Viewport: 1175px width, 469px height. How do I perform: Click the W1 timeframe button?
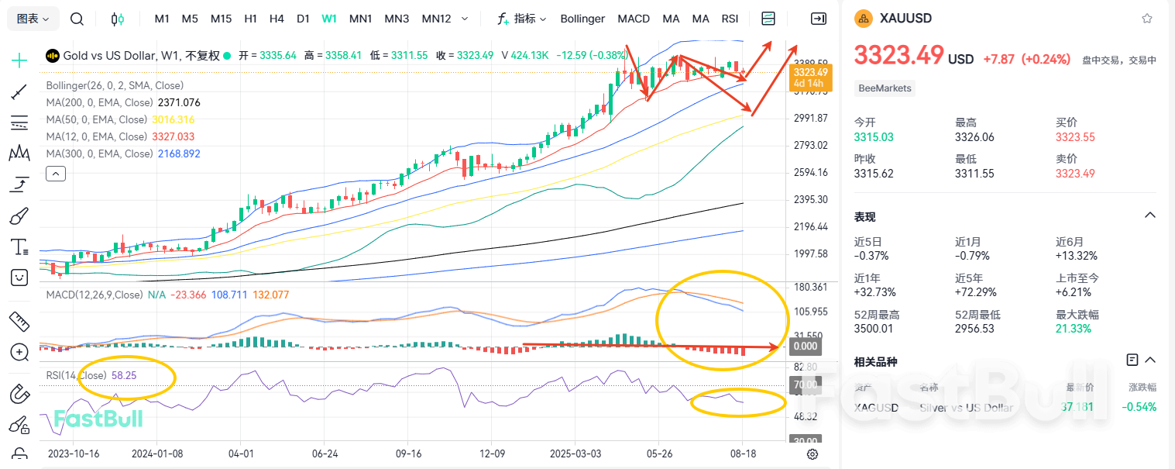[x=329, y=19]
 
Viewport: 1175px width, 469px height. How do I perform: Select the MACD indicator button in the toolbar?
[x=634, y=19]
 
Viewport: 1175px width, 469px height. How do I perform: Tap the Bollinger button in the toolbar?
[x=582, y=19]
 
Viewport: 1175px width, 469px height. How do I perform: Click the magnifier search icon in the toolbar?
[x=77, y=19]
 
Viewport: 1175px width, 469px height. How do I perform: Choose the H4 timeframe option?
[x=277, y=19]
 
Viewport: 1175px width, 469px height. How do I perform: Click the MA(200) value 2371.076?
[x=179, y=102]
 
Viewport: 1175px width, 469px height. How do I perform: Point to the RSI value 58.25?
[x=124, y=374]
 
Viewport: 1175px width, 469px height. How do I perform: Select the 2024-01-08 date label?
[x=157, y=453]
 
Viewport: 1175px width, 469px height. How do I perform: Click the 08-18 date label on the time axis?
[x=743, y=453]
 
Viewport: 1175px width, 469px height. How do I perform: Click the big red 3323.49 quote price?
[x=898, y=55]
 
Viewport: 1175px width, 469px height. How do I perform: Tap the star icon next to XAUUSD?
[x=1146, y=19]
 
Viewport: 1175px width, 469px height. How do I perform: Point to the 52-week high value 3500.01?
[x=874, y=329]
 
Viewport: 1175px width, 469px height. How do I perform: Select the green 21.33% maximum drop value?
[x=1074, y=329]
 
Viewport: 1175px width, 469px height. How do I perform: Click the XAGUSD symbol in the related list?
[x=876, y=407]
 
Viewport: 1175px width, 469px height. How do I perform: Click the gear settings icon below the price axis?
[x=813, y=454]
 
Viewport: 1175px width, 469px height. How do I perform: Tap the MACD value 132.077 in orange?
[x=271, y=295]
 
